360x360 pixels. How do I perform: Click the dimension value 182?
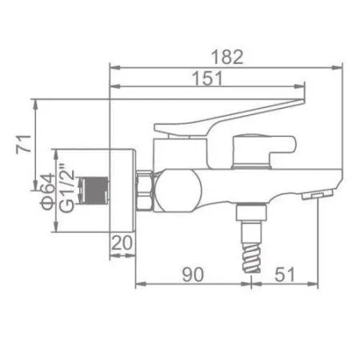click(x=230, y=57)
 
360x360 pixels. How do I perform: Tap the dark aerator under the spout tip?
click(x=320, y=194)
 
